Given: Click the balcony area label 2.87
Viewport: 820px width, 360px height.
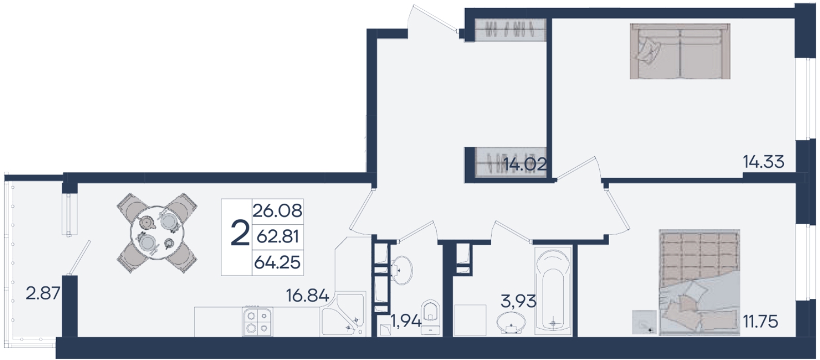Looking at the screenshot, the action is [43, 294].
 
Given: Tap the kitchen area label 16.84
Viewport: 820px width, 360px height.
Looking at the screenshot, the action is [308, 296].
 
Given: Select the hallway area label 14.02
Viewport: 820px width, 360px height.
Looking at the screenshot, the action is [525, 164].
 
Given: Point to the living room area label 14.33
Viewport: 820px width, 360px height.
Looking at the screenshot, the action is [763, 161].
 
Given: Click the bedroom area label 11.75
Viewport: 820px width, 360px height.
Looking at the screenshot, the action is [761, 322].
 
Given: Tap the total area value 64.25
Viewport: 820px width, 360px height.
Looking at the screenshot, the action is [277, 262].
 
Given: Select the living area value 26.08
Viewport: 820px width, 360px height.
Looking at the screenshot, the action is [277, 211].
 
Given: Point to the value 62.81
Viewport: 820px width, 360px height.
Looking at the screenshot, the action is [278, 237].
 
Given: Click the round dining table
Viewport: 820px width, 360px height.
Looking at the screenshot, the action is [157, 232].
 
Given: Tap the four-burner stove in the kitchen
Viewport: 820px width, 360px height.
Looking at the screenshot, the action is [257, 321].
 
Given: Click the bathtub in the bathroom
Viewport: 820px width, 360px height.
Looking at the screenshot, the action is [553, 291].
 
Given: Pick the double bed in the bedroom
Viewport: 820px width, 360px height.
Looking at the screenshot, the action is [699, 282].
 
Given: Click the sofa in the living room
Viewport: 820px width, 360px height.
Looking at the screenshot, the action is [680, 51].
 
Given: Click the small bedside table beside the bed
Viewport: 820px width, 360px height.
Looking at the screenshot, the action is [644, 322].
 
